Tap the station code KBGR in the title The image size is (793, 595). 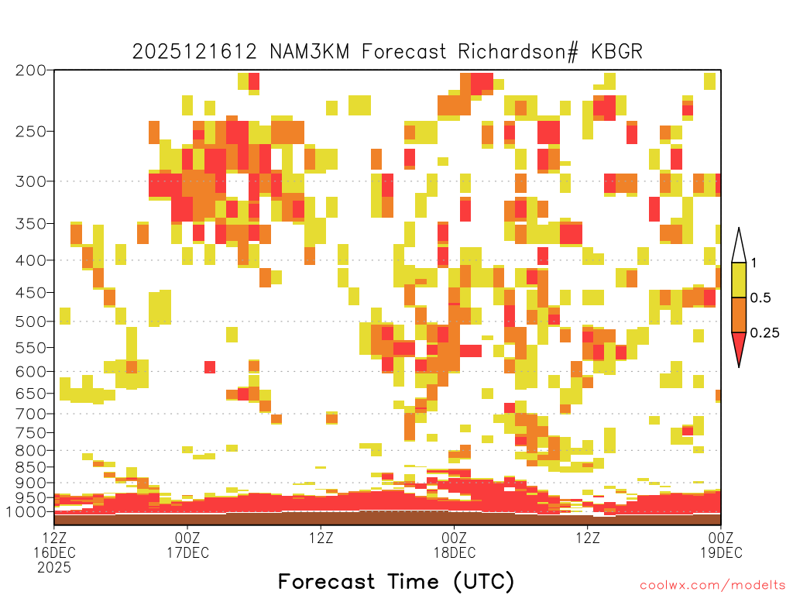(x=616, y=52)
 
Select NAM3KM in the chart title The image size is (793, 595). (x=310, y=52)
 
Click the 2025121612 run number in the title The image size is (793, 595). (x=194, y=52)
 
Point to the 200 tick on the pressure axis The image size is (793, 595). (x=31, y=71)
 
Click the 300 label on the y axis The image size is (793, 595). (x=31, y=181)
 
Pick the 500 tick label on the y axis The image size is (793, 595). (x=31, y=322)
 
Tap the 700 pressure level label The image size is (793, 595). (x=31, y=414)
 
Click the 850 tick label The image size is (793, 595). (x=31, y=467)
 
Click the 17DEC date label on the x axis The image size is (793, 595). (x=187, y=552)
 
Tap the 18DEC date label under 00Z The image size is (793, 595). (x=454, y=552)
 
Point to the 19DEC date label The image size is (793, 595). (x=721, y=552)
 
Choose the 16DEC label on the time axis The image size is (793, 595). (x=55, y=552)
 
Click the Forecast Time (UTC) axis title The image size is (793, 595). (x=396, y=582)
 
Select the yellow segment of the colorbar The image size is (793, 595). (x=739, y=280)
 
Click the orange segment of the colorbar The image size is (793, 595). (x=739, y=315)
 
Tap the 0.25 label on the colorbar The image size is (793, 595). (x=764, y=332)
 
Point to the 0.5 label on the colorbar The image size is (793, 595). (x=760, y=297)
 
